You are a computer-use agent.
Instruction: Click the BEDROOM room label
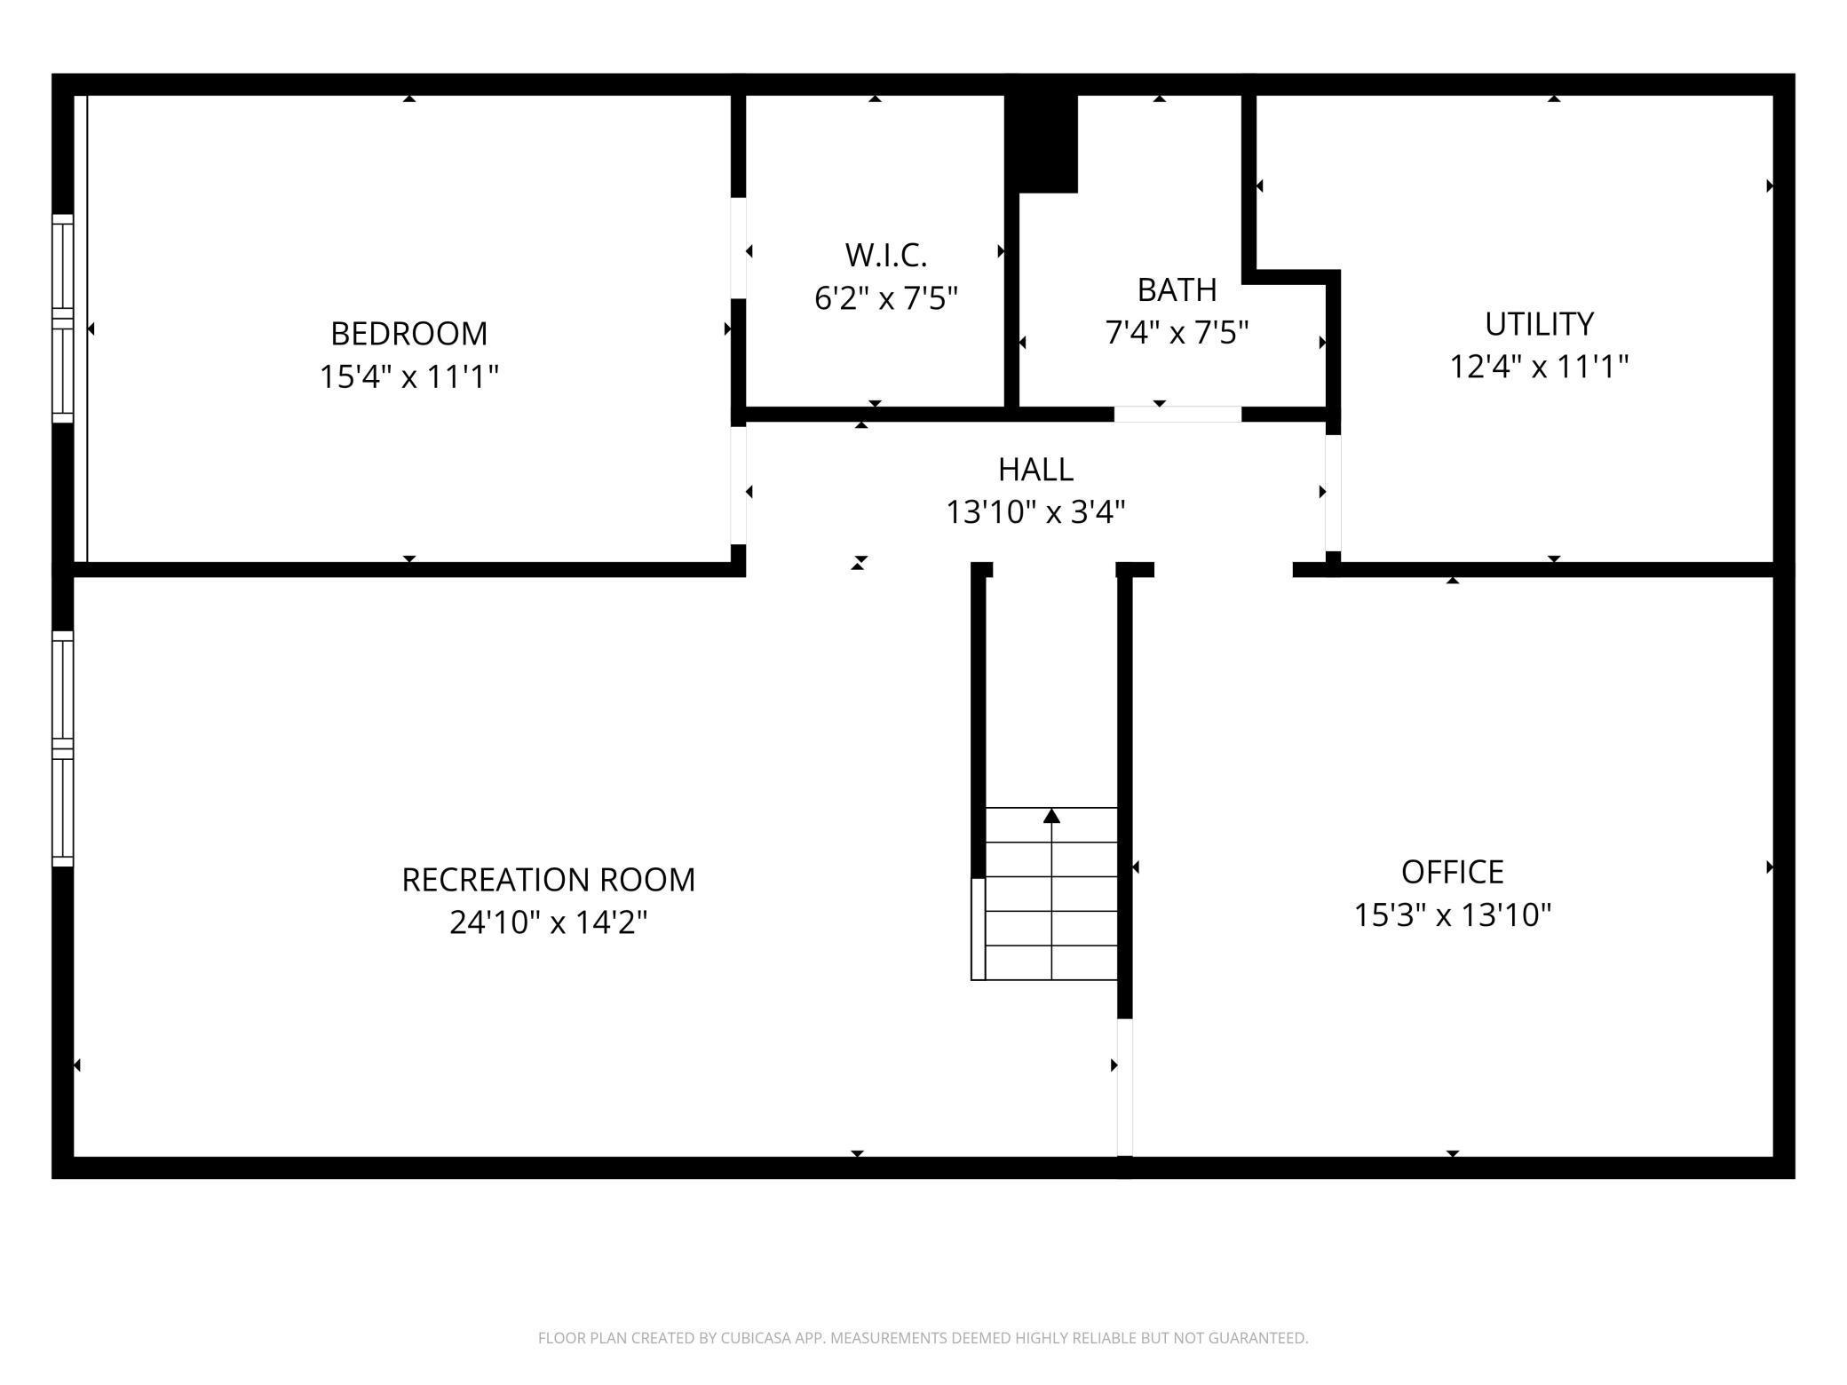tap(408, 334)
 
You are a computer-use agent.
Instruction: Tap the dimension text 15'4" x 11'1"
tap(408, 376)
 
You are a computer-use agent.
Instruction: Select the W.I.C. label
tap(885, 256)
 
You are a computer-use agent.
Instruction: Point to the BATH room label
tap(1177, 289)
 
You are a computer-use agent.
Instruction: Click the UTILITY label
tap(1539, 324)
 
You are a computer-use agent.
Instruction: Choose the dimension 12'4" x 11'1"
tap(1539, 366)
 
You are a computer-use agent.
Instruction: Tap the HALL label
tap(1035, 469)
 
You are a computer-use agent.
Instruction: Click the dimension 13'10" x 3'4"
tap(1035, 512)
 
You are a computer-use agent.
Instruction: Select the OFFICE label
tap(1452, 872)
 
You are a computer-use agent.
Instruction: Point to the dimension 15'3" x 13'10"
tap(1452, 914)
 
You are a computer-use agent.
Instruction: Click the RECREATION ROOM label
tap(548, 880)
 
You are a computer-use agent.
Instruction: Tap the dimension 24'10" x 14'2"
tap(548, 922)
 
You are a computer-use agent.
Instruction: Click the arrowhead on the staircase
tap(1051, 815)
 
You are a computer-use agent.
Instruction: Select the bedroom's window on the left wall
tap(62, 318)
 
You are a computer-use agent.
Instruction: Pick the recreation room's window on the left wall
tap(62, 748)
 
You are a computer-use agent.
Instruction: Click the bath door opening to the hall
tap(1177, 415)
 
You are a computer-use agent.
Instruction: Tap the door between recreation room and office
tap(1124, 1087)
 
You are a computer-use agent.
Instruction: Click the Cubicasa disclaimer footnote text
tap(923, 1338)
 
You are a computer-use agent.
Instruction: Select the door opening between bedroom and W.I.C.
tap(738, 248)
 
